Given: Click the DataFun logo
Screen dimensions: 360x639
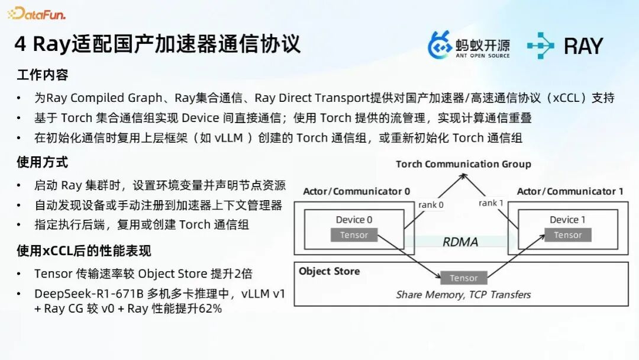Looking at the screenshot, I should click(x=37, y=13).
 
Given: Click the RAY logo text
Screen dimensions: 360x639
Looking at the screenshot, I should click(x=582, y=46).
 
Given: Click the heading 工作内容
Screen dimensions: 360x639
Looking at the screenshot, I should click(x=43, y=75).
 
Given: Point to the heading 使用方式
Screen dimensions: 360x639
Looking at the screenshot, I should click(x=43, y=162).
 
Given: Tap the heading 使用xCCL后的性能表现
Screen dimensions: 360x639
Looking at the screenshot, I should click(x=84, y=251).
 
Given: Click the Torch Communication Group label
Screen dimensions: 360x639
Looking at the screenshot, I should click(x=463, y=164).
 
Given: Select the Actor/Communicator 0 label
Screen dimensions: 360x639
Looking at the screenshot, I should click(x=356, y=191).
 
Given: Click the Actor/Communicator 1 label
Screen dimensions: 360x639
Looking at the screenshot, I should click(x=570, y=191).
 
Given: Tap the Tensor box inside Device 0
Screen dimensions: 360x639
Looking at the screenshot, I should click(x=354, y=235).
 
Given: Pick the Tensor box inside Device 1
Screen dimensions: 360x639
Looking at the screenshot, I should click(x=567, y=235).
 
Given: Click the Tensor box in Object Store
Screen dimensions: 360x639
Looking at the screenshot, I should click(x=463, y=278).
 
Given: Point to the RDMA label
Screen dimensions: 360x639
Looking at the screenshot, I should click(x=460, y=242).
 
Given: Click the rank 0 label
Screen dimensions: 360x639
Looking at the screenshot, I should click(x=431, y=205).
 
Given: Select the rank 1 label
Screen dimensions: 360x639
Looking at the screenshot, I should click(x=491, y=203).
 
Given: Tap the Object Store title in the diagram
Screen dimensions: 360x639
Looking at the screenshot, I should click(x=329, y=271).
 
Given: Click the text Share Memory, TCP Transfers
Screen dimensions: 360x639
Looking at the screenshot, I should click(x=463, y=294).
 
